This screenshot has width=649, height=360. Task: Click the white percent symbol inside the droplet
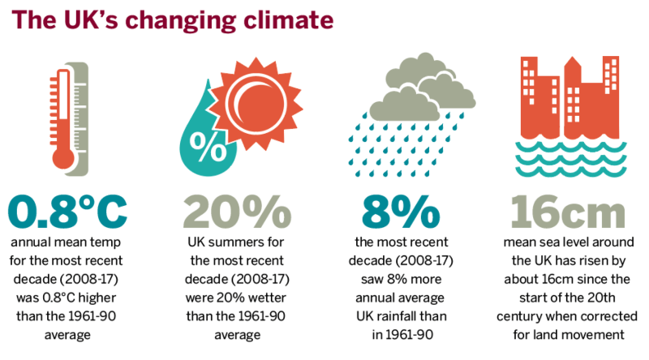(x=203, y=146)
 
